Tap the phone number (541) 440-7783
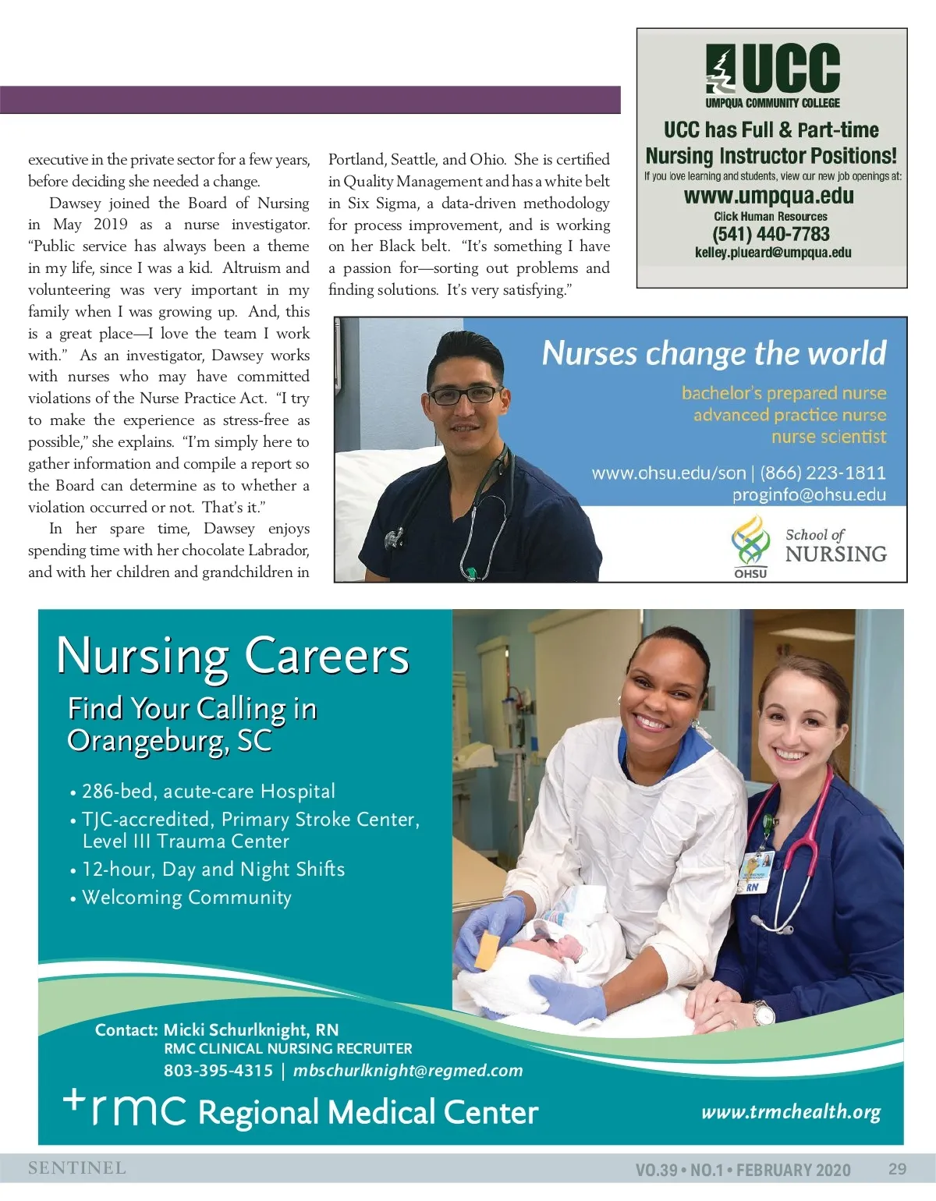771,234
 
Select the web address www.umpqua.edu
769,196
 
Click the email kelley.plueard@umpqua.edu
773,253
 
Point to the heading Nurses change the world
714,353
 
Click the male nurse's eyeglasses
466,395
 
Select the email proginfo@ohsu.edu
809,494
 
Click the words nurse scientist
828,437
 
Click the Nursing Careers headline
232,657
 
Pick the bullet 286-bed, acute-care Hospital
208,792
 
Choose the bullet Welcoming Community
186,898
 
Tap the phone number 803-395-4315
218,1071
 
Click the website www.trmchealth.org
791,1112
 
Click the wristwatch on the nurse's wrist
763,1013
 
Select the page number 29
897,1169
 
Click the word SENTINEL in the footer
77,1168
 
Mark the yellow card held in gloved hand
489,950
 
